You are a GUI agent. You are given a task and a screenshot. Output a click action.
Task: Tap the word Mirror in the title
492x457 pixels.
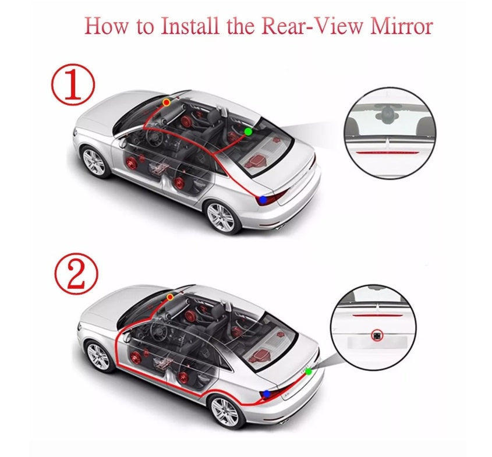(401, 26)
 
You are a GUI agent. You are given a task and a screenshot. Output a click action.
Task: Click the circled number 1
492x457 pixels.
(73, 84)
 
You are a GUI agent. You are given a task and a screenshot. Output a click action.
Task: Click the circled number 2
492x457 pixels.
(76, 273)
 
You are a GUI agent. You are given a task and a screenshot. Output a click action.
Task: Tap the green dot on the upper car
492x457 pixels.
(248, 132)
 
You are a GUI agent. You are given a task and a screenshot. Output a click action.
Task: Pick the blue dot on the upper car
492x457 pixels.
(263, 200)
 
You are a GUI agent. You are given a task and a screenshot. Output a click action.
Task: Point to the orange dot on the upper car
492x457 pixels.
(167, 102)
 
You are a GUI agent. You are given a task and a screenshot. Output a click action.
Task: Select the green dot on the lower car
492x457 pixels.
(309, 371)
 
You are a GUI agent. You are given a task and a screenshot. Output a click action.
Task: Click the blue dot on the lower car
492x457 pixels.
(267, 394)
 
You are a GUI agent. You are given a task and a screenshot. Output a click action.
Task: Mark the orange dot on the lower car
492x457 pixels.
(170, 297)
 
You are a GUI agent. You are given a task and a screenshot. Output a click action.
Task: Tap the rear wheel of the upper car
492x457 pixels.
(221, 217)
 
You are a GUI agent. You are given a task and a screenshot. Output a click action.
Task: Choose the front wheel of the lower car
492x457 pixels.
(98, 357)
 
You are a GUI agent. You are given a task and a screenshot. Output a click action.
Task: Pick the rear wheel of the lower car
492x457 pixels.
(225, 412)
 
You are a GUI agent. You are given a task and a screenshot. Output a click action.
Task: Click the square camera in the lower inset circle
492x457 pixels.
(376, 335)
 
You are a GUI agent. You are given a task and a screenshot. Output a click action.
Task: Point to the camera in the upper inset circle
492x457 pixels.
(385, 113)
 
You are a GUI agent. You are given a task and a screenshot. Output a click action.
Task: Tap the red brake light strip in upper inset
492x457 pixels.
(389, 153)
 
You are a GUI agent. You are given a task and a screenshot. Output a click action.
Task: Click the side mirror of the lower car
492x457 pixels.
(127, 336)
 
